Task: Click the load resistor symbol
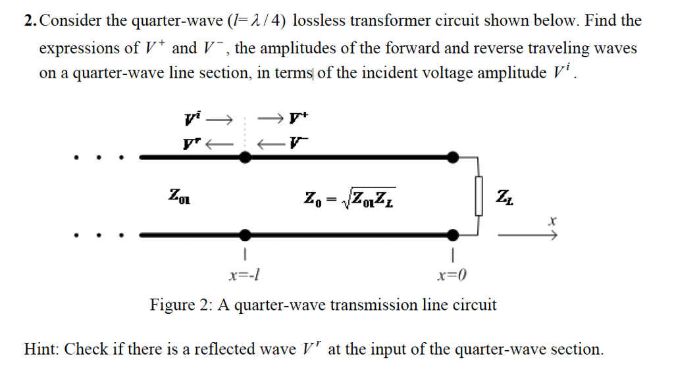click(479, 195)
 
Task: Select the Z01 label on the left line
click(178, 195)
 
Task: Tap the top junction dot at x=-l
click(244, 157)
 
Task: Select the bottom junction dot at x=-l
click(244, 234)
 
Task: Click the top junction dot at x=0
click(453, 157)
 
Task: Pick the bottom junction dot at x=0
click(453, 234)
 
